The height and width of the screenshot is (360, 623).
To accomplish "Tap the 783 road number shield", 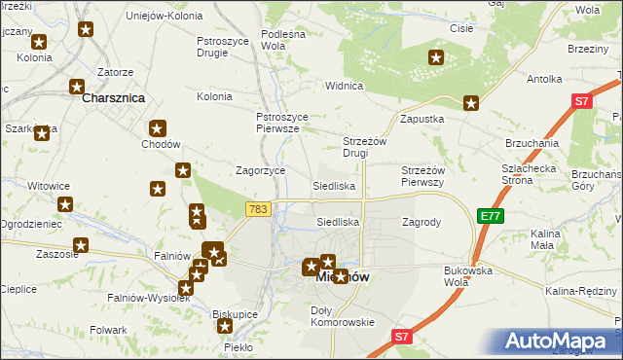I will [x=258, y=209].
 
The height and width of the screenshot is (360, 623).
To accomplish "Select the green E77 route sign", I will [x=491, y=216].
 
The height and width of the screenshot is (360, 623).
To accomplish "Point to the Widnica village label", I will [x=344, y=86].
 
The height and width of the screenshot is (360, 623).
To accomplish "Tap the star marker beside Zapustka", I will [x=471, y=103].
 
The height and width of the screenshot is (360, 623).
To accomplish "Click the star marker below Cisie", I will [x=436, y=58].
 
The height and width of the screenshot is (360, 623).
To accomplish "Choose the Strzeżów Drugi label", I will [x=368, y=147].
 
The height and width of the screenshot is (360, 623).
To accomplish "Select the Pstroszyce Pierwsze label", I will [x=283, y=123].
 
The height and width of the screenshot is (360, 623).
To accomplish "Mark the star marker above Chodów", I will [x=158, y=127].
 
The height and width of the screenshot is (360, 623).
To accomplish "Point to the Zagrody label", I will [x=421, y=222].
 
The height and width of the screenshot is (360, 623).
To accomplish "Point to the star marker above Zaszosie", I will [x=81, y=246].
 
